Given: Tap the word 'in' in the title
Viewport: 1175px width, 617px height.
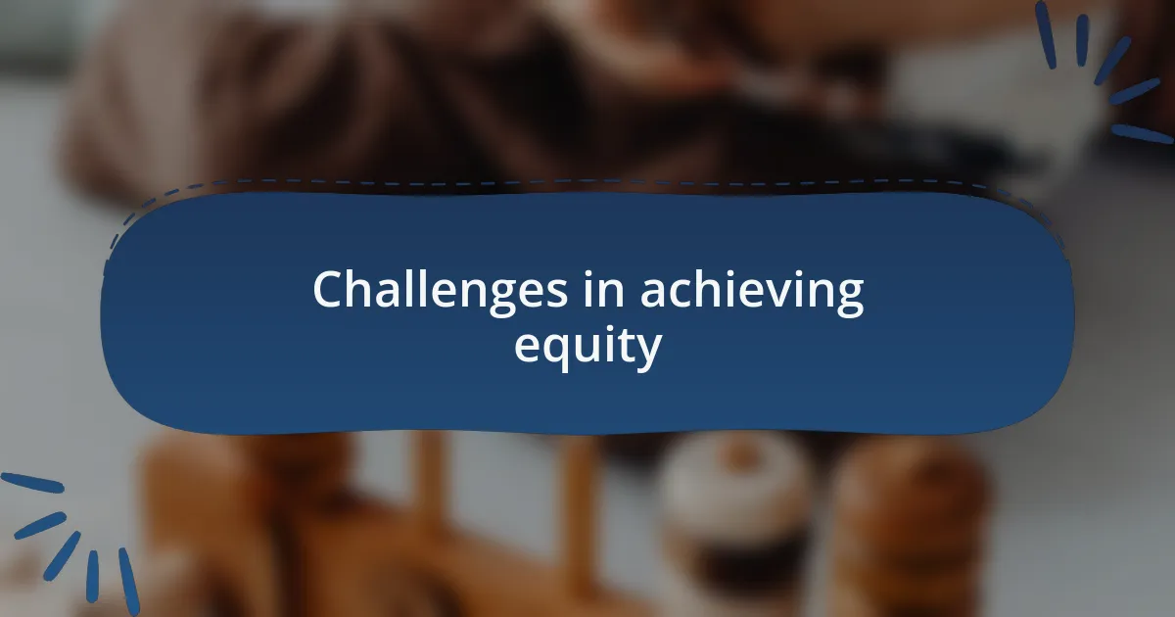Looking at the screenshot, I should click(x=609, y=291).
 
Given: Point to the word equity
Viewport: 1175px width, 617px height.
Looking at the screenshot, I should click(x=587, y=347).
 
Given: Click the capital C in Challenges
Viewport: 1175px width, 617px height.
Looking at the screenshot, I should click(x=330, y=291).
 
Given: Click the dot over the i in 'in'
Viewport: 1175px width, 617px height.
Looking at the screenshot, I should click(x=597, y=273).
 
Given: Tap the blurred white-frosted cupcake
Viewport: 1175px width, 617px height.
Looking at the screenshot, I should click(x=734, y=490).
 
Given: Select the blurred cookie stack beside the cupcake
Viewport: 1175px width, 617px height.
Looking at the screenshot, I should click(x=911, y=509).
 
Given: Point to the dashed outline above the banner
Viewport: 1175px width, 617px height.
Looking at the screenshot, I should click(x=587, y=182).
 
